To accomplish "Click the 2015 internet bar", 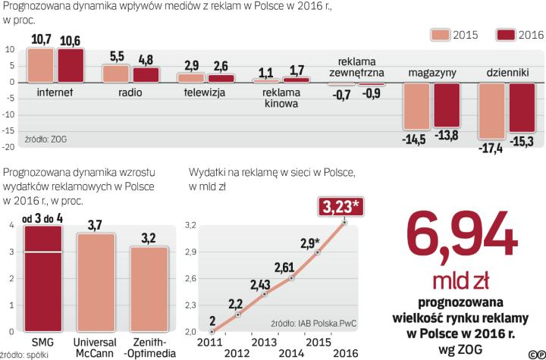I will click(40, 65).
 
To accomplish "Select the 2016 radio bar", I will click(146, 74).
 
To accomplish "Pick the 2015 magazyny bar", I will click(416, 106).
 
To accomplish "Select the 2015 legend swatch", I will click(441, 35).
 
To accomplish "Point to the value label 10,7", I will click(41, 39).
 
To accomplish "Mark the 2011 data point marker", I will click(212, 331).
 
